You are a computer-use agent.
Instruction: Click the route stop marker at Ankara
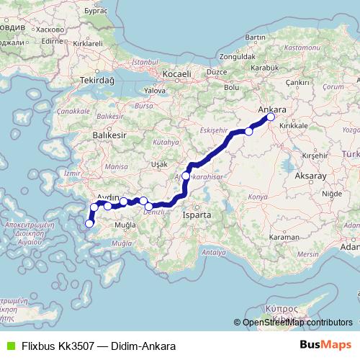click(271, 117)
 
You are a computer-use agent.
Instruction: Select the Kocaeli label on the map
click(176, 74)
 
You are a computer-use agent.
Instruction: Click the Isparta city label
click(197, 215)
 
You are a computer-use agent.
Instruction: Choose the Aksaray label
click(310, 175)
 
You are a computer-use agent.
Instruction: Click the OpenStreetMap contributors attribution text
click(297, 323)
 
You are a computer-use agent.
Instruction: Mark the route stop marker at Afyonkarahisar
click(186, 176)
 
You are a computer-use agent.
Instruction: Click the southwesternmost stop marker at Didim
click(89, 224)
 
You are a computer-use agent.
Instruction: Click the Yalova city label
click(156, 91)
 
